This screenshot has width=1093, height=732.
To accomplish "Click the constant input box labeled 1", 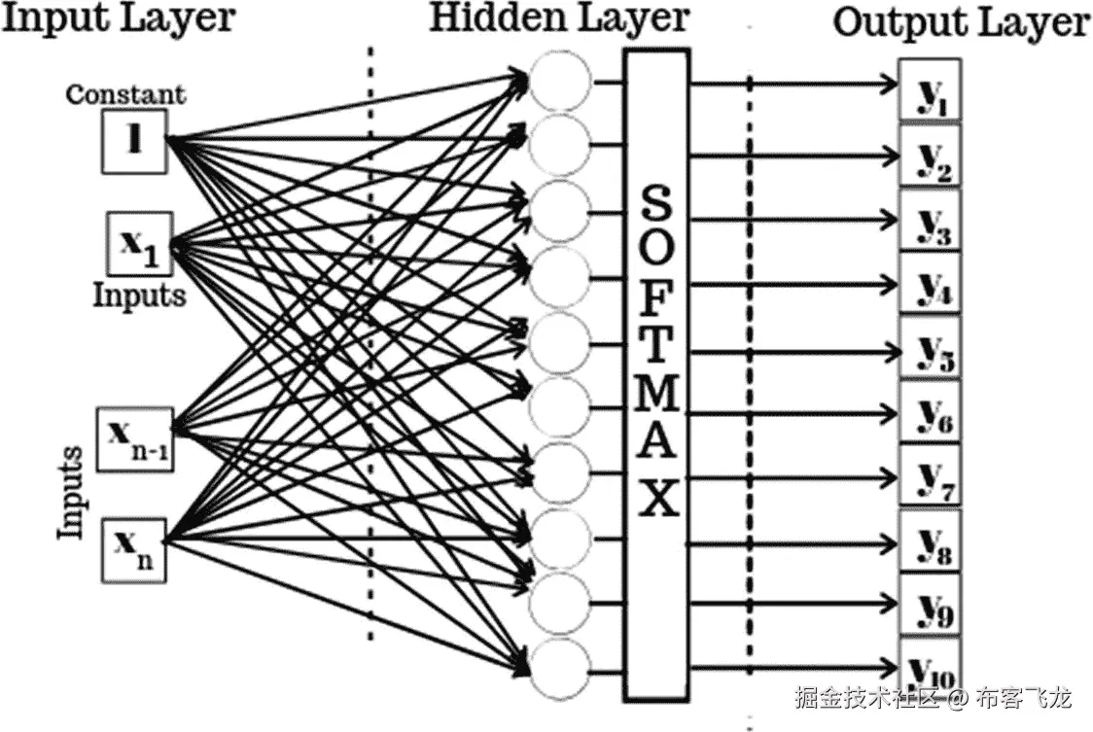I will (134, 142).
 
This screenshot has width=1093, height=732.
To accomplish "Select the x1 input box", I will (139, 243).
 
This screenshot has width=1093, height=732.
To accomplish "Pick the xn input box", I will (135, 548).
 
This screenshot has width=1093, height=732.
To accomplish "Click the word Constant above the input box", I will (125, 95).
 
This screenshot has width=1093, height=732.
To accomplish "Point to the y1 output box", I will (931, 90).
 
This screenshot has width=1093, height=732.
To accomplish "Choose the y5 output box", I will (931, 349).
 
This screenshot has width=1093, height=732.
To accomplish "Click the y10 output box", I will (931, 670).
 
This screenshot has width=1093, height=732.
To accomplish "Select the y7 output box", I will (931, 477).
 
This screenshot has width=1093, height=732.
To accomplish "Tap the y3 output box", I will (931, 221).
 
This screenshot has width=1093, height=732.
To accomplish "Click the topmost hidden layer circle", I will (560, 80).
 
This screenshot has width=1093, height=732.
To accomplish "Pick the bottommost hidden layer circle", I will (560, 669).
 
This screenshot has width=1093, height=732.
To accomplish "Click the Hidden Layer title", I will (559, 18).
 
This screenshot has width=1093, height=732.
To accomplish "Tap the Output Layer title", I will (961, 23).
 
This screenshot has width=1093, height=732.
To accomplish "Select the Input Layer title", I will (119, 17).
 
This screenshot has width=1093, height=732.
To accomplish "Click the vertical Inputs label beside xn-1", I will (71, 492).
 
